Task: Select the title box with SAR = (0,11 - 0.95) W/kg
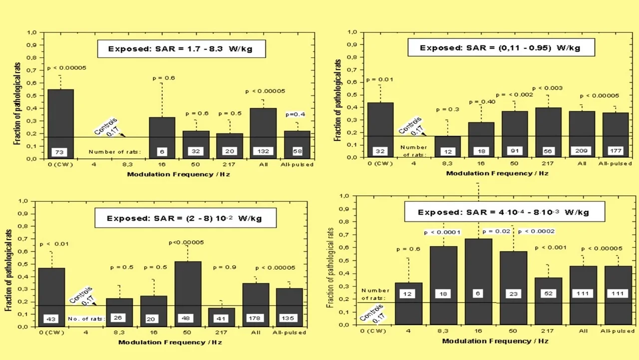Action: (500, 48)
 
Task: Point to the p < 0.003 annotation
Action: (547, 88)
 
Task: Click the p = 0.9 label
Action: (225, 267)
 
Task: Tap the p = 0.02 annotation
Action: (496, 232)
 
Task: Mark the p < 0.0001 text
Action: (442, 232)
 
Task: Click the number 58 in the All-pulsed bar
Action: (297, 151)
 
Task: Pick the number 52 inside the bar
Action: (547, 293)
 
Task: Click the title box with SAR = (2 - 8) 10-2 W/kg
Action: (184, 218)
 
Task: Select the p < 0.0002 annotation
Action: (537, 231)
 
